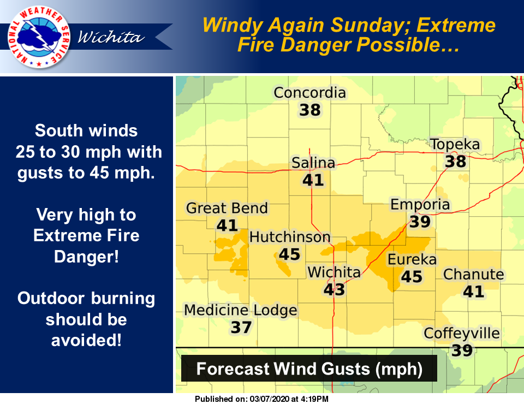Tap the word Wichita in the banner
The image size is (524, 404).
tap(111, 37)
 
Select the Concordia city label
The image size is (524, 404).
tap(309, 93)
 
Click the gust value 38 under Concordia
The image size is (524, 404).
tap(309, 110)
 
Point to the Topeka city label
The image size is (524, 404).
tap(455, 145)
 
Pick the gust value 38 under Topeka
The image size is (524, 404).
tap(455, 162)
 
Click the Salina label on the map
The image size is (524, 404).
tap(313, 163)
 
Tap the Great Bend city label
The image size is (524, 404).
tap(227, 208)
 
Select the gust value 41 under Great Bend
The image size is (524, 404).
tap(227, 225)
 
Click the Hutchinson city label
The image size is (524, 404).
tap(290, 237)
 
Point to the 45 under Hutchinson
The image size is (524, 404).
tap(289, 254)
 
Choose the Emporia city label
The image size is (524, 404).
tap(420, 205)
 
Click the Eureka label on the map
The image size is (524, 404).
tap(412, 259)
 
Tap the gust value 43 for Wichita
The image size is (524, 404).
tap(334, 289)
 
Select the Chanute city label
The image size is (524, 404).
tap(473, 274)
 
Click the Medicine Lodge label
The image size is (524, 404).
tap(241, 311)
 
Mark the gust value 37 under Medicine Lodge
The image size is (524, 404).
tap(241, 328)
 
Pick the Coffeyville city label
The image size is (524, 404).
tap(462, 333)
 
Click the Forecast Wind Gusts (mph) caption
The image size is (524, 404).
tap(309, 369)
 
